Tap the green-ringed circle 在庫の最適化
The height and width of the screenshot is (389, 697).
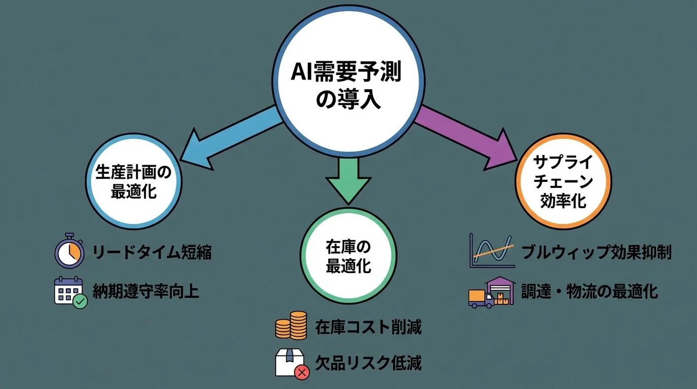pyautogui.click(x=348, y=255)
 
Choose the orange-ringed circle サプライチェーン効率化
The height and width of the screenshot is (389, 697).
pyautogui.click(x=563, y=182)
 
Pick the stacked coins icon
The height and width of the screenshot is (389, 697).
pyautogui.click(x=291, y=325)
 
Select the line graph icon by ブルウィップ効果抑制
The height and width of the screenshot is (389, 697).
pyautogui.click(x=491, y=251)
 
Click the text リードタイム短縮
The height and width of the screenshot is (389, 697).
pyautogui.click(x=151, y=252)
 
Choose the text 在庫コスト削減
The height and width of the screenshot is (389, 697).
pyautogui.click(x=368, y=327)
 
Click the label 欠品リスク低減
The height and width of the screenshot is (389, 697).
pyautogui.click(x=368, y=363)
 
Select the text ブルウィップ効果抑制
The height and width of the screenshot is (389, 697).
pyautogui.click(x=596, y=252)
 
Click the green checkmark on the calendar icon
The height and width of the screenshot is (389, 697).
pyautogui.click(x=80, y=302)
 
